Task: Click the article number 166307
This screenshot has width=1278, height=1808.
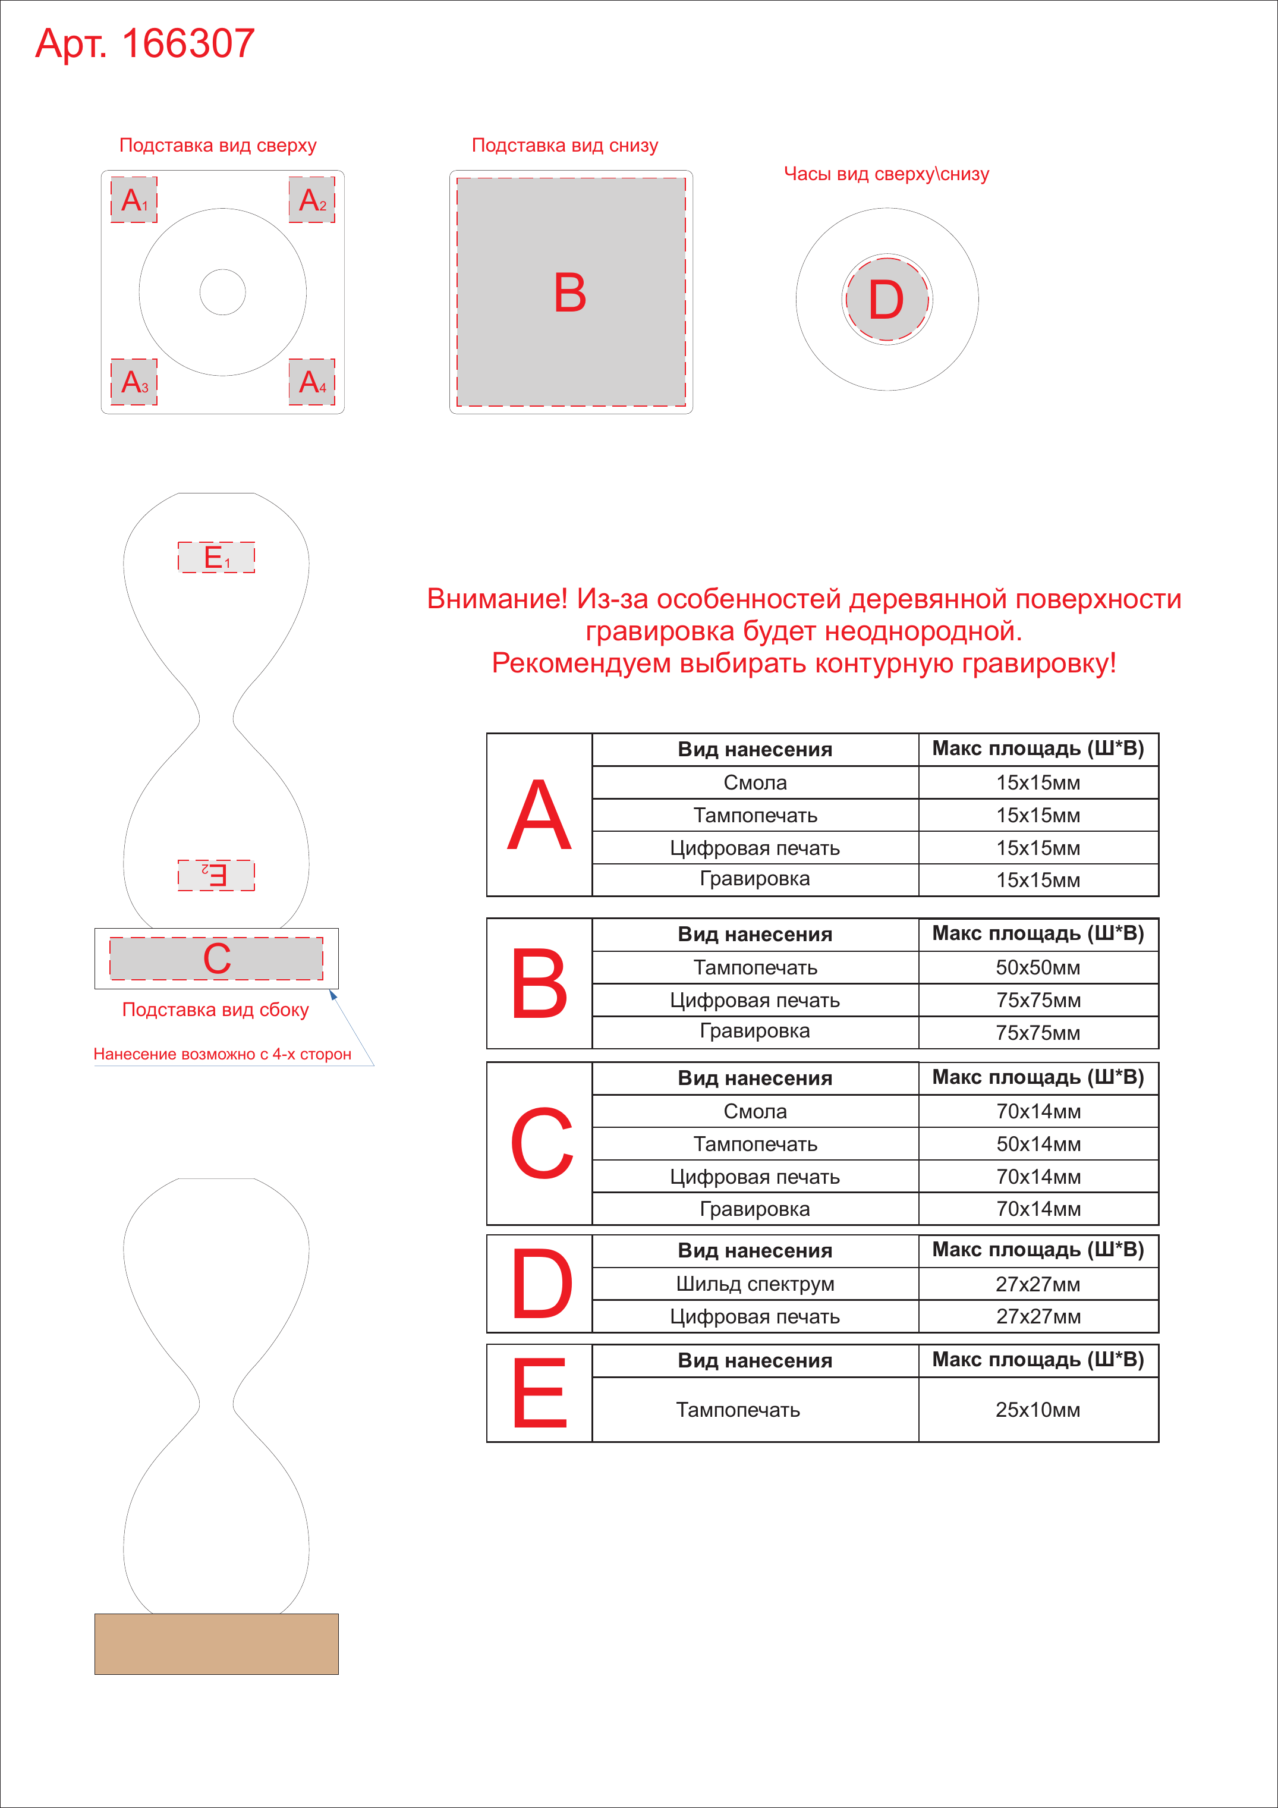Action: (188, 43)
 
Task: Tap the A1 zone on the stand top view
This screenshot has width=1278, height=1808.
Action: (134, 200)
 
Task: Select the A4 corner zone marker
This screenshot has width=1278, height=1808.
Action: (312, 382)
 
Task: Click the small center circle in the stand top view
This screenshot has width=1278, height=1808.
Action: (223, 292)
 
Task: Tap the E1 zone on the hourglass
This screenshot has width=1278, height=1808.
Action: (216, 558)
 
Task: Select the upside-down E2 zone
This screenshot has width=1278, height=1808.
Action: (216, 875)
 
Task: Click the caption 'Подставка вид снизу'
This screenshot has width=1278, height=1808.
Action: (565, 146)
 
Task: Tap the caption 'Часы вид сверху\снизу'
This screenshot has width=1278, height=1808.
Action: (887, 174)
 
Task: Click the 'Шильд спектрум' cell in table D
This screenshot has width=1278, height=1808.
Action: (755, 1284)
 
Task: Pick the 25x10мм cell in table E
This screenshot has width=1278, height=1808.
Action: (1038, 1410)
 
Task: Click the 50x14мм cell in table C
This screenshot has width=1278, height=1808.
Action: (1038, 1144)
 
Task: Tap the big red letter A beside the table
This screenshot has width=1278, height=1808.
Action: (539, 815)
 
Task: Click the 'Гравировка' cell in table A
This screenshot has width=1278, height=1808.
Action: (755, 879)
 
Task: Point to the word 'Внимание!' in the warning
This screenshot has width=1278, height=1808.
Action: (497, 599)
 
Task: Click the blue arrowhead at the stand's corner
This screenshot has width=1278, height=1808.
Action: (333, 995)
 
